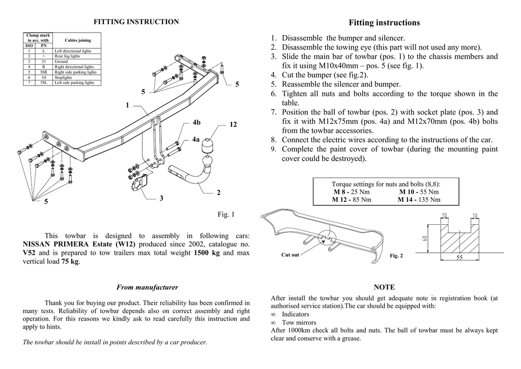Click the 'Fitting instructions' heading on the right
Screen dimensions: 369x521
(384, 22)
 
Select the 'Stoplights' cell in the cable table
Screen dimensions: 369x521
(63, 77)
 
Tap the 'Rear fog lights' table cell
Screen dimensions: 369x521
(67, 56)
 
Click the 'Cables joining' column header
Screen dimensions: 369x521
(78, 40)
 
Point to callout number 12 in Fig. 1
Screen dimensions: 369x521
(234, 125)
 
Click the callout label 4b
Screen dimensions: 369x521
(196, 122)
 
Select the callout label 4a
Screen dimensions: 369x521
(196, 139)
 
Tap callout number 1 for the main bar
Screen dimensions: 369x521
(127, 105)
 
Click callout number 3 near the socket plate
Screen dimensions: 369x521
(161, 198)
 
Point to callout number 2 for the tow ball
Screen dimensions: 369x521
(219, 193)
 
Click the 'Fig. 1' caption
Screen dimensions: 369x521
(226, 215)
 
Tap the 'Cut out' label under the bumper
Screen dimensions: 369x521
(290, 255)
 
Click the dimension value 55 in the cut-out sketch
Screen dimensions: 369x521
(459, 258)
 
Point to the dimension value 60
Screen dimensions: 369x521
(425, 238)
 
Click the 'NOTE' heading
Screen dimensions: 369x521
(384, 287)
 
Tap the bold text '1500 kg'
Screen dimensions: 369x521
(207, 253)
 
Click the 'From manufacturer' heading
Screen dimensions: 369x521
(147, 287)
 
